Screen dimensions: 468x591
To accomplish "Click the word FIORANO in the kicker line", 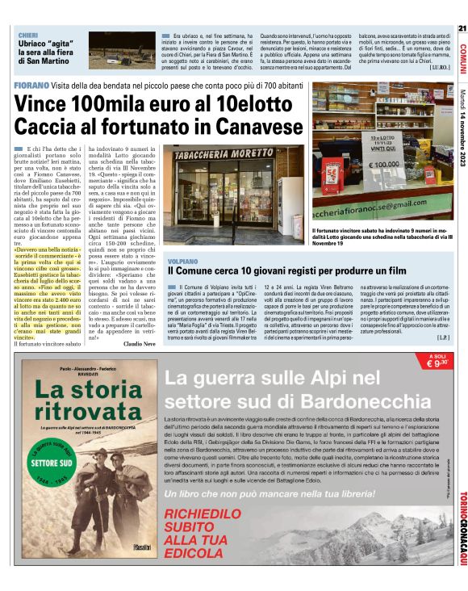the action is (30, 85).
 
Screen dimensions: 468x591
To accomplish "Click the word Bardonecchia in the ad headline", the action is (346, 397).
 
